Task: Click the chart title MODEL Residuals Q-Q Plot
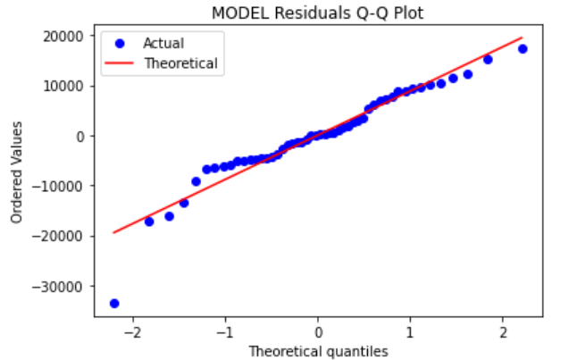click(x=317, y=13)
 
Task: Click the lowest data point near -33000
click(x=114, y=304)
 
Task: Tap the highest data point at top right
click(x=523, y=49)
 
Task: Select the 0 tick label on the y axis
click(x=81, y=136)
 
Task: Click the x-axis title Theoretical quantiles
click(x=317, y=351)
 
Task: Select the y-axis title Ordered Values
click(x=16, y=175)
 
